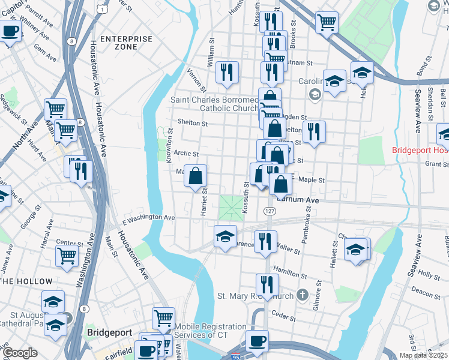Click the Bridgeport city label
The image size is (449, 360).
[x=110, y=331]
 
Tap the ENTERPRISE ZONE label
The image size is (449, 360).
[x=126, y=43]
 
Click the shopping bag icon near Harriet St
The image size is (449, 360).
[x=196, y=176]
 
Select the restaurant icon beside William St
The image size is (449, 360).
[x=227, y=73]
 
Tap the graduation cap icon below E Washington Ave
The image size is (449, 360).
[x=225, y=236]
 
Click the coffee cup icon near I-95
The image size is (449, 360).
[x=257, y=341]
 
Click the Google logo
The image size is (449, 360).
[x=20, y=353]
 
